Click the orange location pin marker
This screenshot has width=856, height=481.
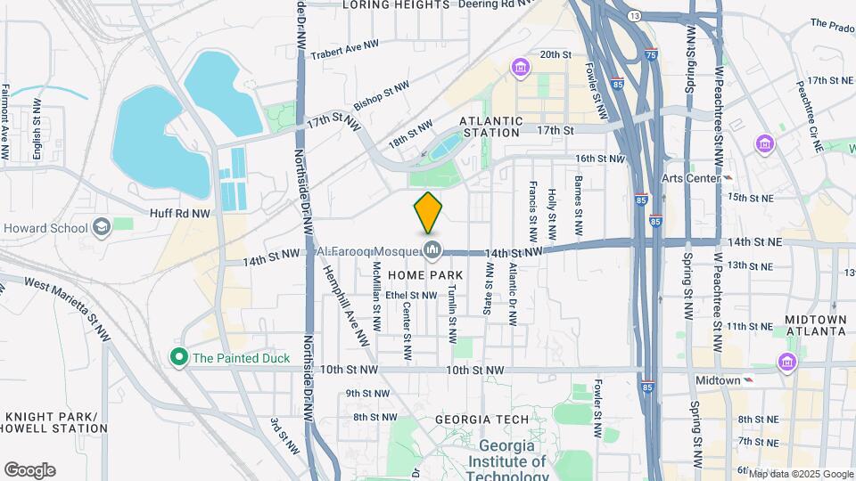(428, 212)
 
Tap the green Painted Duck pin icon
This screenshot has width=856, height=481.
(179, 358)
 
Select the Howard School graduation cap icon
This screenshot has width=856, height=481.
(101, 227)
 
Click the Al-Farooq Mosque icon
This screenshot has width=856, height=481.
(433, 250)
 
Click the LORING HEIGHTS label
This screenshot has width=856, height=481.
(396, 5)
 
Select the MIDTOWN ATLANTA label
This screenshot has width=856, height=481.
(816, 325)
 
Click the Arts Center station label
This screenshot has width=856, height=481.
(690, 178)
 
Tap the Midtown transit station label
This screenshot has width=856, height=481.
(719, 380)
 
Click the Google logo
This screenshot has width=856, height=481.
(29, 470)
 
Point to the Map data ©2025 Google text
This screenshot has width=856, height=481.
(801, 474)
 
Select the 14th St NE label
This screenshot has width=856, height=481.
(754, 242)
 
